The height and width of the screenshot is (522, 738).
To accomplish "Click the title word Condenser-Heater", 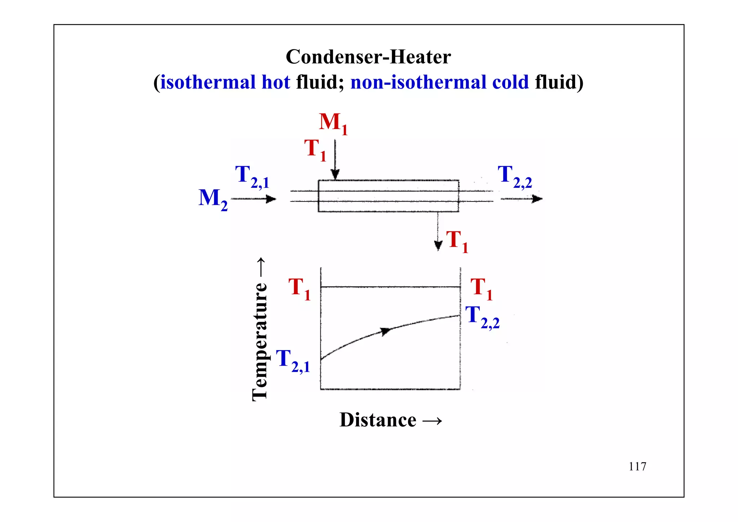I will point(368,57).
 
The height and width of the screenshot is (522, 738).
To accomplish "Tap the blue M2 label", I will point(213,199).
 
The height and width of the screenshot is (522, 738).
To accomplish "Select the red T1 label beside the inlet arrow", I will point(315,149).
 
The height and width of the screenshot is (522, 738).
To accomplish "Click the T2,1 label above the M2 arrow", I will point(252,177).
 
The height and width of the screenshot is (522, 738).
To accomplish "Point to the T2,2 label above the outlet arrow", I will point(514,177).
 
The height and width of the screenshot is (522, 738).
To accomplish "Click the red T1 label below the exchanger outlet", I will point(457,241).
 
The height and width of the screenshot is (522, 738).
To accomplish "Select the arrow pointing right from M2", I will point(254,199).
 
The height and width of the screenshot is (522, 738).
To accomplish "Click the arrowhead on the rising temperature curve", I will point(386,331).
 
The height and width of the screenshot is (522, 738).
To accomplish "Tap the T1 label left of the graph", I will point(299,288).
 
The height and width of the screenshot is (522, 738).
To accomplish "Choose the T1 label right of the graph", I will point(481,288).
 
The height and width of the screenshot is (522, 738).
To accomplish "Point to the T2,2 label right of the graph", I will point(482,317).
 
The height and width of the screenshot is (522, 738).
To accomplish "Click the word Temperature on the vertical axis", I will point(259,341).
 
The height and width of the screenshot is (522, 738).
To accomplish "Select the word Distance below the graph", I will point(378,420).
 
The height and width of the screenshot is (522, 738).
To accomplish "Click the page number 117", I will point(637,466).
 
